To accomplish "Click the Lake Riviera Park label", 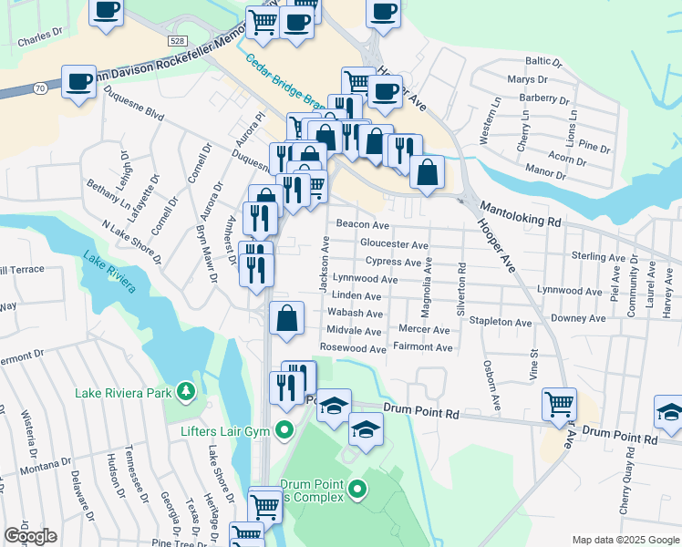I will click(x=123, y=394).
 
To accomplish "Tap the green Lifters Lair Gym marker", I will click(x=285, y=429).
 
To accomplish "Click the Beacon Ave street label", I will click(x=363, y=224).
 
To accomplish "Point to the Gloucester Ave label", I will click(x=394, y=244).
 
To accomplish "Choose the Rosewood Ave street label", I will click(x=353, y=349).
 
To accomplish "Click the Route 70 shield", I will click(x=39, y=88).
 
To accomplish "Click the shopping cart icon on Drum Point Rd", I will click(x=559, y=402).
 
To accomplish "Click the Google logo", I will click(x=30, y=536).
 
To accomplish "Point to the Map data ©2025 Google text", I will click(x=625, y=541).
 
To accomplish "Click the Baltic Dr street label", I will click(x=543, y=61).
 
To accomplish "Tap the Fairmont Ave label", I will click(x=422, y=347).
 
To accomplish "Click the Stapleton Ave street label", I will click(x=500, y=322).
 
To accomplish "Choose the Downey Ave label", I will click(x=573, y=318).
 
